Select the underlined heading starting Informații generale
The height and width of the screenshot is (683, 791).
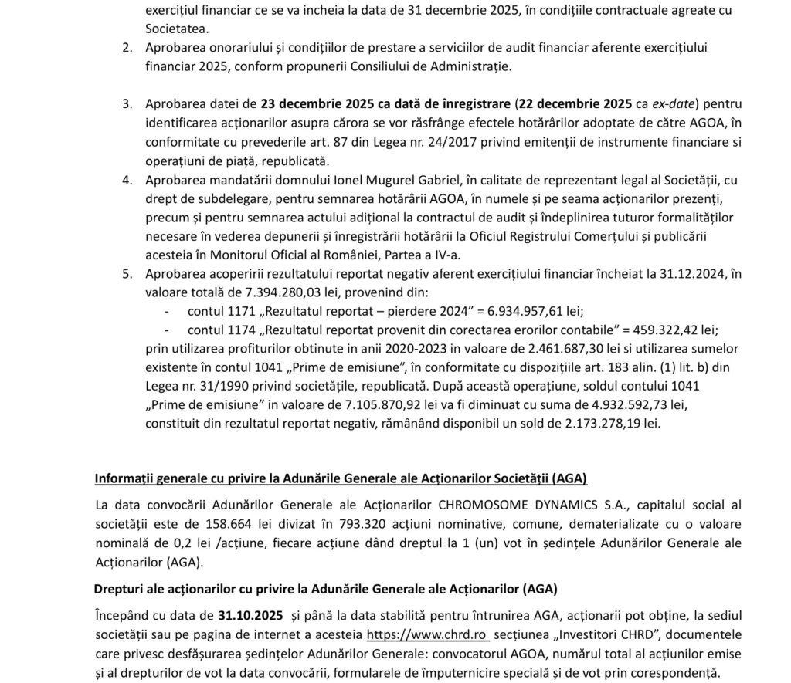pyautogui.click(x=341, y=478)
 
